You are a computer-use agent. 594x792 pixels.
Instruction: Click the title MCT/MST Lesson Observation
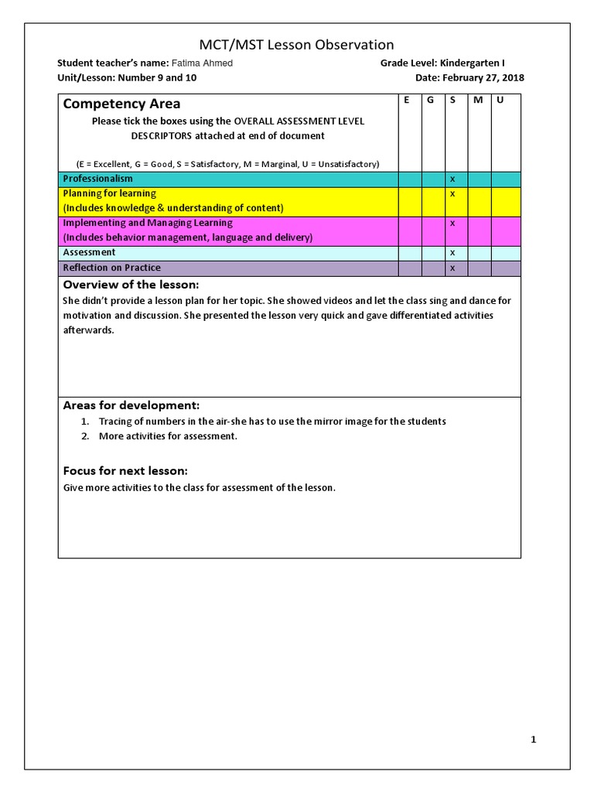click(296, 45)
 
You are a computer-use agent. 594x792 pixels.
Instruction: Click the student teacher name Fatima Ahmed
click(202, 63)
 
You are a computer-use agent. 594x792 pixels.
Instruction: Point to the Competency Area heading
click(121, 104)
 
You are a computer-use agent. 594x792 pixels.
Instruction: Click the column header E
click(407, 101)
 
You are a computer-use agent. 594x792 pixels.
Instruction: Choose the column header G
click(430, 101)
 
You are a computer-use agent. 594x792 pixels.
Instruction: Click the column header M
click(477, 101)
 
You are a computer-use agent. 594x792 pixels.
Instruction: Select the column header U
click(500, 101)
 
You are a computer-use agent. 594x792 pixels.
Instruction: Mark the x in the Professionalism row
click(452, 179)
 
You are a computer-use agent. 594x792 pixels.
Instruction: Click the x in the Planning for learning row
click(452, 193)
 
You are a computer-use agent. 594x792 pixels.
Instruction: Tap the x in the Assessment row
click(452, 253)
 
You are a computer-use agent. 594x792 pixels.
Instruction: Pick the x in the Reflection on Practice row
click(452, 268)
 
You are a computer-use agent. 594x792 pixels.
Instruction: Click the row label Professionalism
click(97, 179)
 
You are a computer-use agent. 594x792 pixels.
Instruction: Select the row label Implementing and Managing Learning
click(147, 223)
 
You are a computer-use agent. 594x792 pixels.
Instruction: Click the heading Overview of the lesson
click(131, 285)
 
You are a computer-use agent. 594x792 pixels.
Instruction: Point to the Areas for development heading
click(131, 405)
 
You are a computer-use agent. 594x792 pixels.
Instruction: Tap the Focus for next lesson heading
click(125, 471)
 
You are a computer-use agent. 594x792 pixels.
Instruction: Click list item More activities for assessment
click(168, 436)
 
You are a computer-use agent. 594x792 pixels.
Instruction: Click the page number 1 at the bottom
click(533, 739)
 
